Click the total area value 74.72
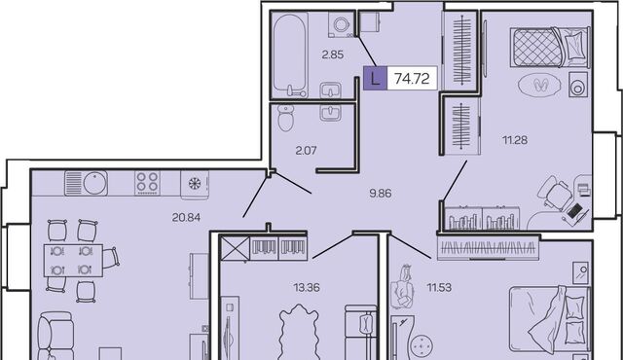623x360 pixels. pyautogui.click(x=412, y=79)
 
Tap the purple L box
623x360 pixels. pyautogui.click(x=375, y=78)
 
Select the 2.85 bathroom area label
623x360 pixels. pyautogui.click(x=333, y=54)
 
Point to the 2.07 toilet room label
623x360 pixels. pyautogui.click(x=306, y=151)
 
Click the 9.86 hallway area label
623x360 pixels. pyautogui.click(x=381, y=194)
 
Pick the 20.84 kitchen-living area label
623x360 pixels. pyautogui.click(x=186, y=217)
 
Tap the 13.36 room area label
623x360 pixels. pyautogui.click(x=307, y=287)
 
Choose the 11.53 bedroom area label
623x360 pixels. pyautogui.click(x=439, y=287)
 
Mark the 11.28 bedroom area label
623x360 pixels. pyautogui.click(x=515, y=140)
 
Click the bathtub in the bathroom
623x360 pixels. pyautogui.click(x=290, y=54)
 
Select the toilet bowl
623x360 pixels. pyautogui.click(x=285, y=118)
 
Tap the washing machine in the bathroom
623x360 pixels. pyautogui.click(x=342, y=25)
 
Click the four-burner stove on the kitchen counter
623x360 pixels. pyautogui.click(x=147, y=183)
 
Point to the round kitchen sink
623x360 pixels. pyautogui.click(x=95, y=183)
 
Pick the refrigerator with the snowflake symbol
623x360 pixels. pyautogui.click(x=195, y=184)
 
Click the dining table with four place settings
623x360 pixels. pyautogui.click(x=73, y=261)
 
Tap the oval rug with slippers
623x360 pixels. pyautogui.click(x=540, y=85)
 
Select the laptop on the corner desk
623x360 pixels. pyautogui.click(x=573, y=212)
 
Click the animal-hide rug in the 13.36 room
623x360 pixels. pyautogui.click(x=299, y=333)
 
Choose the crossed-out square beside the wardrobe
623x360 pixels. pyautogui.click(x=235, y=248)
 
